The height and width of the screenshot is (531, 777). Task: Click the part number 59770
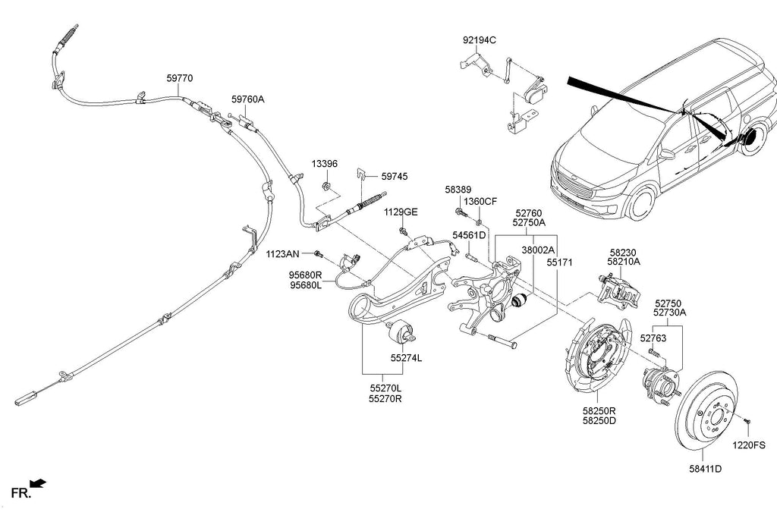point(180,77)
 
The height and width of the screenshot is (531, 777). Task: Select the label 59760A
point(248,99)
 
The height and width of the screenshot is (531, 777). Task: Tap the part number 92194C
point(480,39)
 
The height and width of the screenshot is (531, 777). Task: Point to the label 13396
point(324,164)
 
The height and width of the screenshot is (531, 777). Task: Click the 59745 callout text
point(395,176)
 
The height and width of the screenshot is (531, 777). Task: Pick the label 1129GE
point(400,212)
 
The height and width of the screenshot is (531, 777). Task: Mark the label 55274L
point(407,357)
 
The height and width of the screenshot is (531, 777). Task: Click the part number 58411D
point(705,469)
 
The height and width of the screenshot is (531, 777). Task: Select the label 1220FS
point(750,446)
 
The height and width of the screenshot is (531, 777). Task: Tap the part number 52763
point(653,338)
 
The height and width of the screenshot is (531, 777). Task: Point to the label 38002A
point(538,250)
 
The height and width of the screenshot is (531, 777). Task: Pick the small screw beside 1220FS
point(748,418)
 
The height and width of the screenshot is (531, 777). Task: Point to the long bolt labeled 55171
point(500,341)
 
